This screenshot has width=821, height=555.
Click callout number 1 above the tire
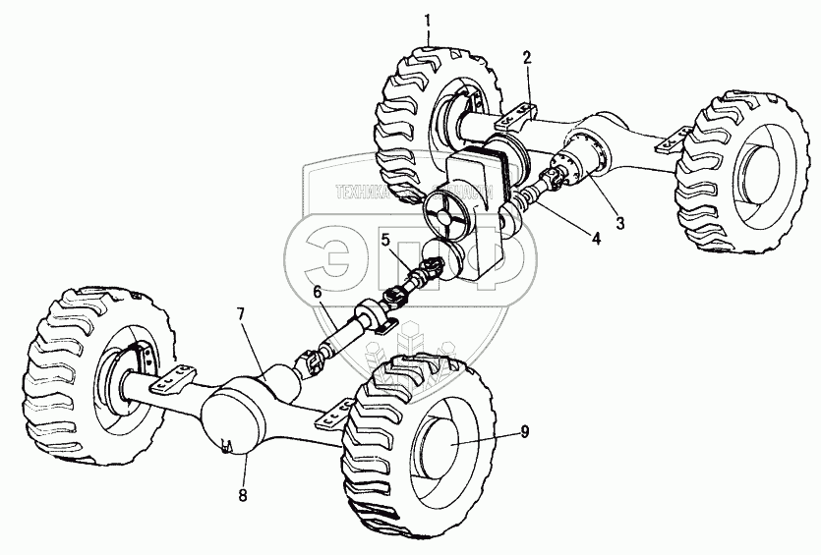click(428, 19)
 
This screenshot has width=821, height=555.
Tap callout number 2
click(528, 56)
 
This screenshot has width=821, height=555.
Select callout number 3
click(618, 222)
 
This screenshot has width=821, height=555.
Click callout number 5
click(386, 239)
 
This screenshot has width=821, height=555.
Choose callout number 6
click(317, 292)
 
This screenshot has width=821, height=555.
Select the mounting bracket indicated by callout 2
click(519, 117)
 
